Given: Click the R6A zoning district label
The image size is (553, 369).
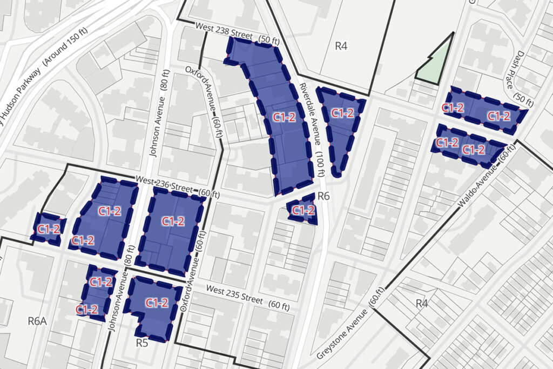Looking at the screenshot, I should click(37, 321).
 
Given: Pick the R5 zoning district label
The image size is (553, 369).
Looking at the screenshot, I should click(142, 342).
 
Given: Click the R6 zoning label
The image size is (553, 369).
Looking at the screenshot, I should click(323, 196).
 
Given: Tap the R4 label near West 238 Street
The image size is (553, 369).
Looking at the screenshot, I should click(341, 46).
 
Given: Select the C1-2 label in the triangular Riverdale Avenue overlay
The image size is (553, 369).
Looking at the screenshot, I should click(342, 113).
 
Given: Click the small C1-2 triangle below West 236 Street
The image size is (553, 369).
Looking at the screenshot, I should click(303, 210).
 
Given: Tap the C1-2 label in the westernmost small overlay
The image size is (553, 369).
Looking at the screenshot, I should click(49, 229).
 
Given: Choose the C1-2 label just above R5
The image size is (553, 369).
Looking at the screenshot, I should click(157, 303).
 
